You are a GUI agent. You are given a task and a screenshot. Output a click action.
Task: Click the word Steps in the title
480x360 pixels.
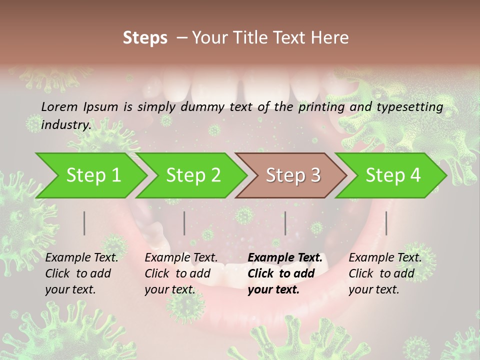pyautogui.click(x=145, y=38)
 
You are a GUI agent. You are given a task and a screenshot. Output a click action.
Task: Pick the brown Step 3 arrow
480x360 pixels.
pyautogui.click(x=293, y=175)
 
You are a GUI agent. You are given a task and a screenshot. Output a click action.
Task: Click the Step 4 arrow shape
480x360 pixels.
pyautogui.click(x=393, y=175)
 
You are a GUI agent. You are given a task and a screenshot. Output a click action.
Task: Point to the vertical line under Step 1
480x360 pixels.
pyautogui.click(x=84, y=223)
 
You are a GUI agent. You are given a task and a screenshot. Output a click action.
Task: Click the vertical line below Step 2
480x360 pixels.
pyautogui.click(x=184, y=223)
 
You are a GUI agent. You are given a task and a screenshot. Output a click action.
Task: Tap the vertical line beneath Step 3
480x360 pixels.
pyautogui.click(x=285, y=223)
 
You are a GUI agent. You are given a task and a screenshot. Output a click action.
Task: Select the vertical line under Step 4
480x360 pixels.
pyautogui.click(x=386, y=223)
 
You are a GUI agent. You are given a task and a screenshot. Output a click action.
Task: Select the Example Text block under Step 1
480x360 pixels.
pyautogui.click(x=81, y=273)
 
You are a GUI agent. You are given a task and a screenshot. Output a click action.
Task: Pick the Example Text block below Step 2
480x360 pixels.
pyautogui.click(x=181, y=273)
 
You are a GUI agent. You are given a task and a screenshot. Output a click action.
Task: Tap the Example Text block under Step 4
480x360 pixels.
pyautogui.click(x=385, y=273)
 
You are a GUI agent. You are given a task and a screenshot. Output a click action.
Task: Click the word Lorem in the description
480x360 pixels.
pyautogui.click(x=59, y=107)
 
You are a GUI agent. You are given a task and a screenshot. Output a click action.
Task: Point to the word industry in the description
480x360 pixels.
pyautogui.click(x=65, y=125)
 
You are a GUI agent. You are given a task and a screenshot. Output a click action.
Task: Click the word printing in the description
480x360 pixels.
pyautogui.click(x=323, y=107)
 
